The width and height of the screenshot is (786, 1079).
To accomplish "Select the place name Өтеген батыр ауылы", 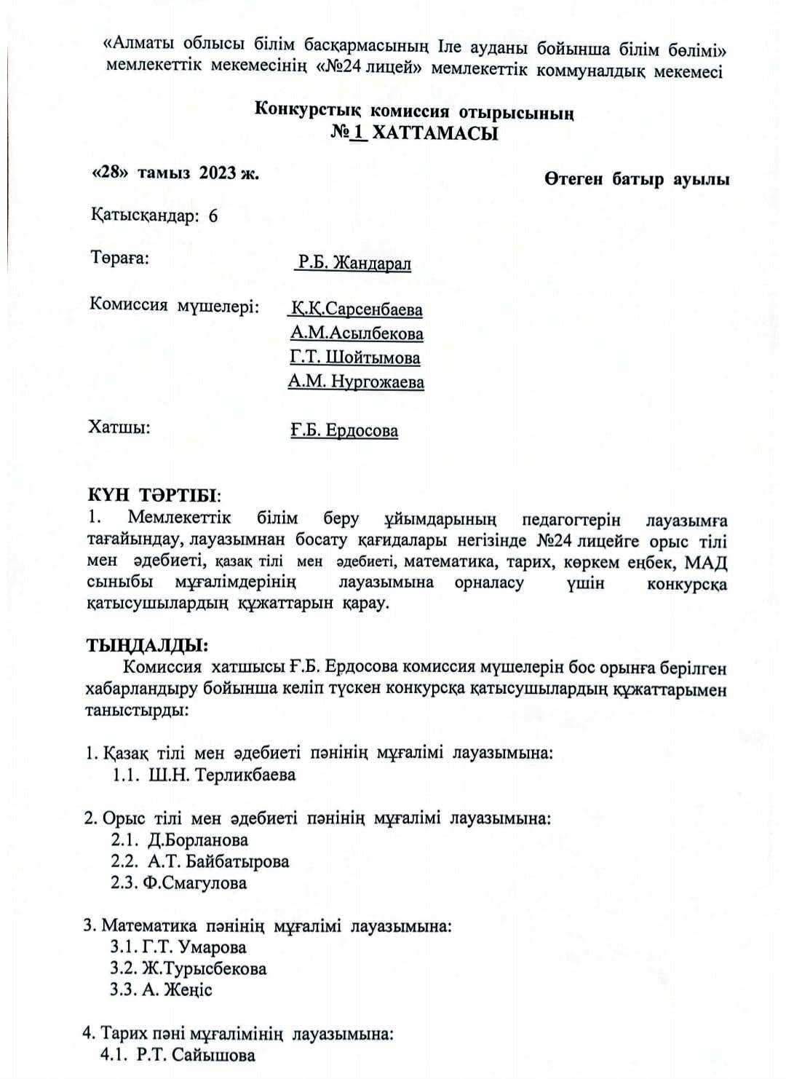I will tap(636, 180).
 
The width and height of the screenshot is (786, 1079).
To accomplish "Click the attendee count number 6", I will tap(213, 216).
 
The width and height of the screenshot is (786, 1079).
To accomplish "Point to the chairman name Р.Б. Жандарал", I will tap(353, 263).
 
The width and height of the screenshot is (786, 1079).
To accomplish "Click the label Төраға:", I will tap(119, 258).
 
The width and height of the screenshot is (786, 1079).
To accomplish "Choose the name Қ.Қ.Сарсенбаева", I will tap(355, 309).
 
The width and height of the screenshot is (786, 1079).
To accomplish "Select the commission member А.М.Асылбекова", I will tap(356, 333).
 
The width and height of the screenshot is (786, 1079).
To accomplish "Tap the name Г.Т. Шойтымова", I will tap(354, 357).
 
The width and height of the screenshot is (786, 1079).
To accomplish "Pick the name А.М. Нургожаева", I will tap(356, 382).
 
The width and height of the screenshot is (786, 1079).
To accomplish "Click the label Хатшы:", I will tap(119, 427).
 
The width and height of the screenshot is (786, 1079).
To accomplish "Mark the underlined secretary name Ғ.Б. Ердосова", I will tap(344, 430).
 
